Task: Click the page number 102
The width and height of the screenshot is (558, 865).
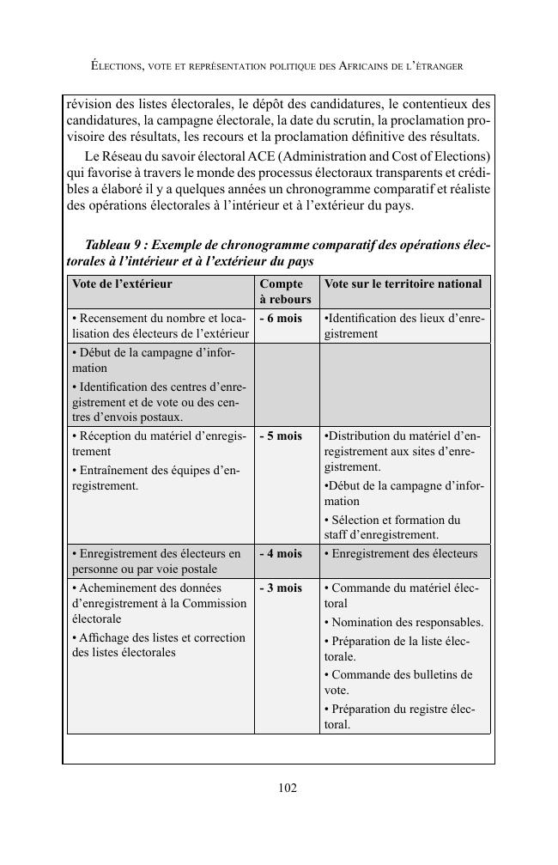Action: click(288, 788)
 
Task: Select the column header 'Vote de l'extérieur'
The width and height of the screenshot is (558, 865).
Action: click(122, 283)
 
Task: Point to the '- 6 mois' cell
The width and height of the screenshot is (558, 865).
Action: click(281, 319)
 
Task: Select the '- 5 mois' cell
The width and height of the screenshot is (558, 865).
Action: click(281, 436)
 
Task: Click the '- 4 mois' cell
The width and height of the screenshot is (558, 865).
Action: click(281, 553)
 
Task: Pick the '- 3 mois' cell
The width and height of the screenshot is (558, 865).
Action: click(281, 588)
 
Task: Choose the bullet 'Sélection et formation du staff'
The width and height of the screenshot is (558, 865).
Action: click(397, 527)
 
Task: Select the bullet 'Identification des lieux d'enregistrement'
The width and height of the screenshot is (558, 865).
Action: click(403, 326)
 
